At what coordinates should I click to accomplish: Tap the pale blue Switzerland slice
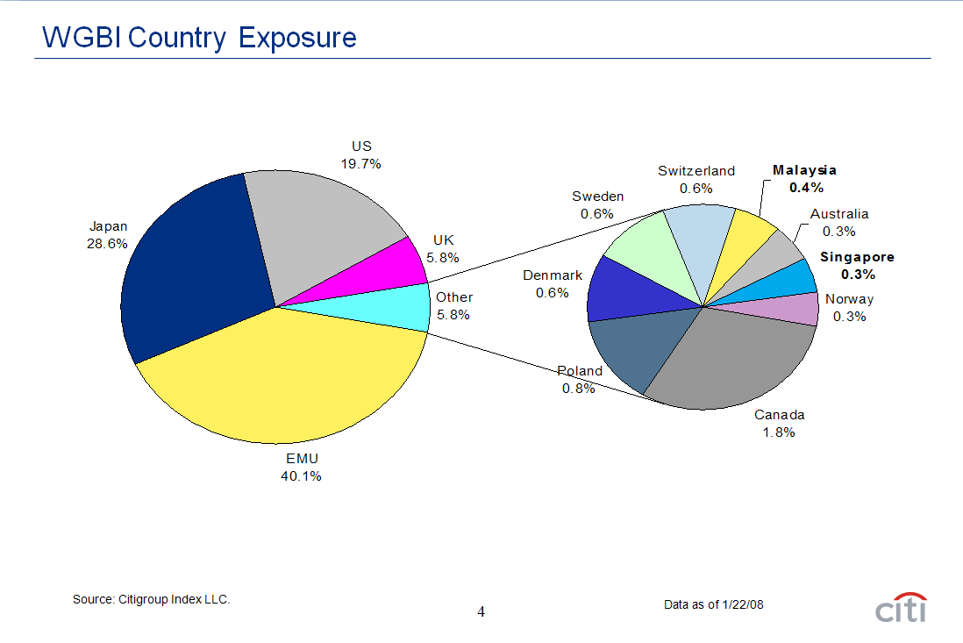tap(702, 237)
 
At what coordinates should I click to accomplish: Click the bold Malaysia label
tap(804, 170)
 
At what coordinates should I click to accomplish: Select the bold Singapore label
tap(857, 257)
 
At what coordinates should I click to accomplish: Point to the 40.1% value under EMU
tap(301, 476)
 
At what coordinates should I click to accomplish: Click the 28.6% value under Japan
tap(107, 244)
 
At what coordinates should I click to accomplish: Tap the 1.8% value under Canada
tap(778, 432)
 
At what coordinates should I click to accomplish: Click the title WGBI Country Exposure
tap(200, 38)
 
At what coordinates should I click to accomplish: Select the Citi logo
tap(900, 607)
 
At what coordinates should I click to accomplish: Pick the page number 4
tap(481, 611)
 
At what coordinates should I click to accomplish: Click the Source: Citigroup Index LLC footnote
tap(151, 599)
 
